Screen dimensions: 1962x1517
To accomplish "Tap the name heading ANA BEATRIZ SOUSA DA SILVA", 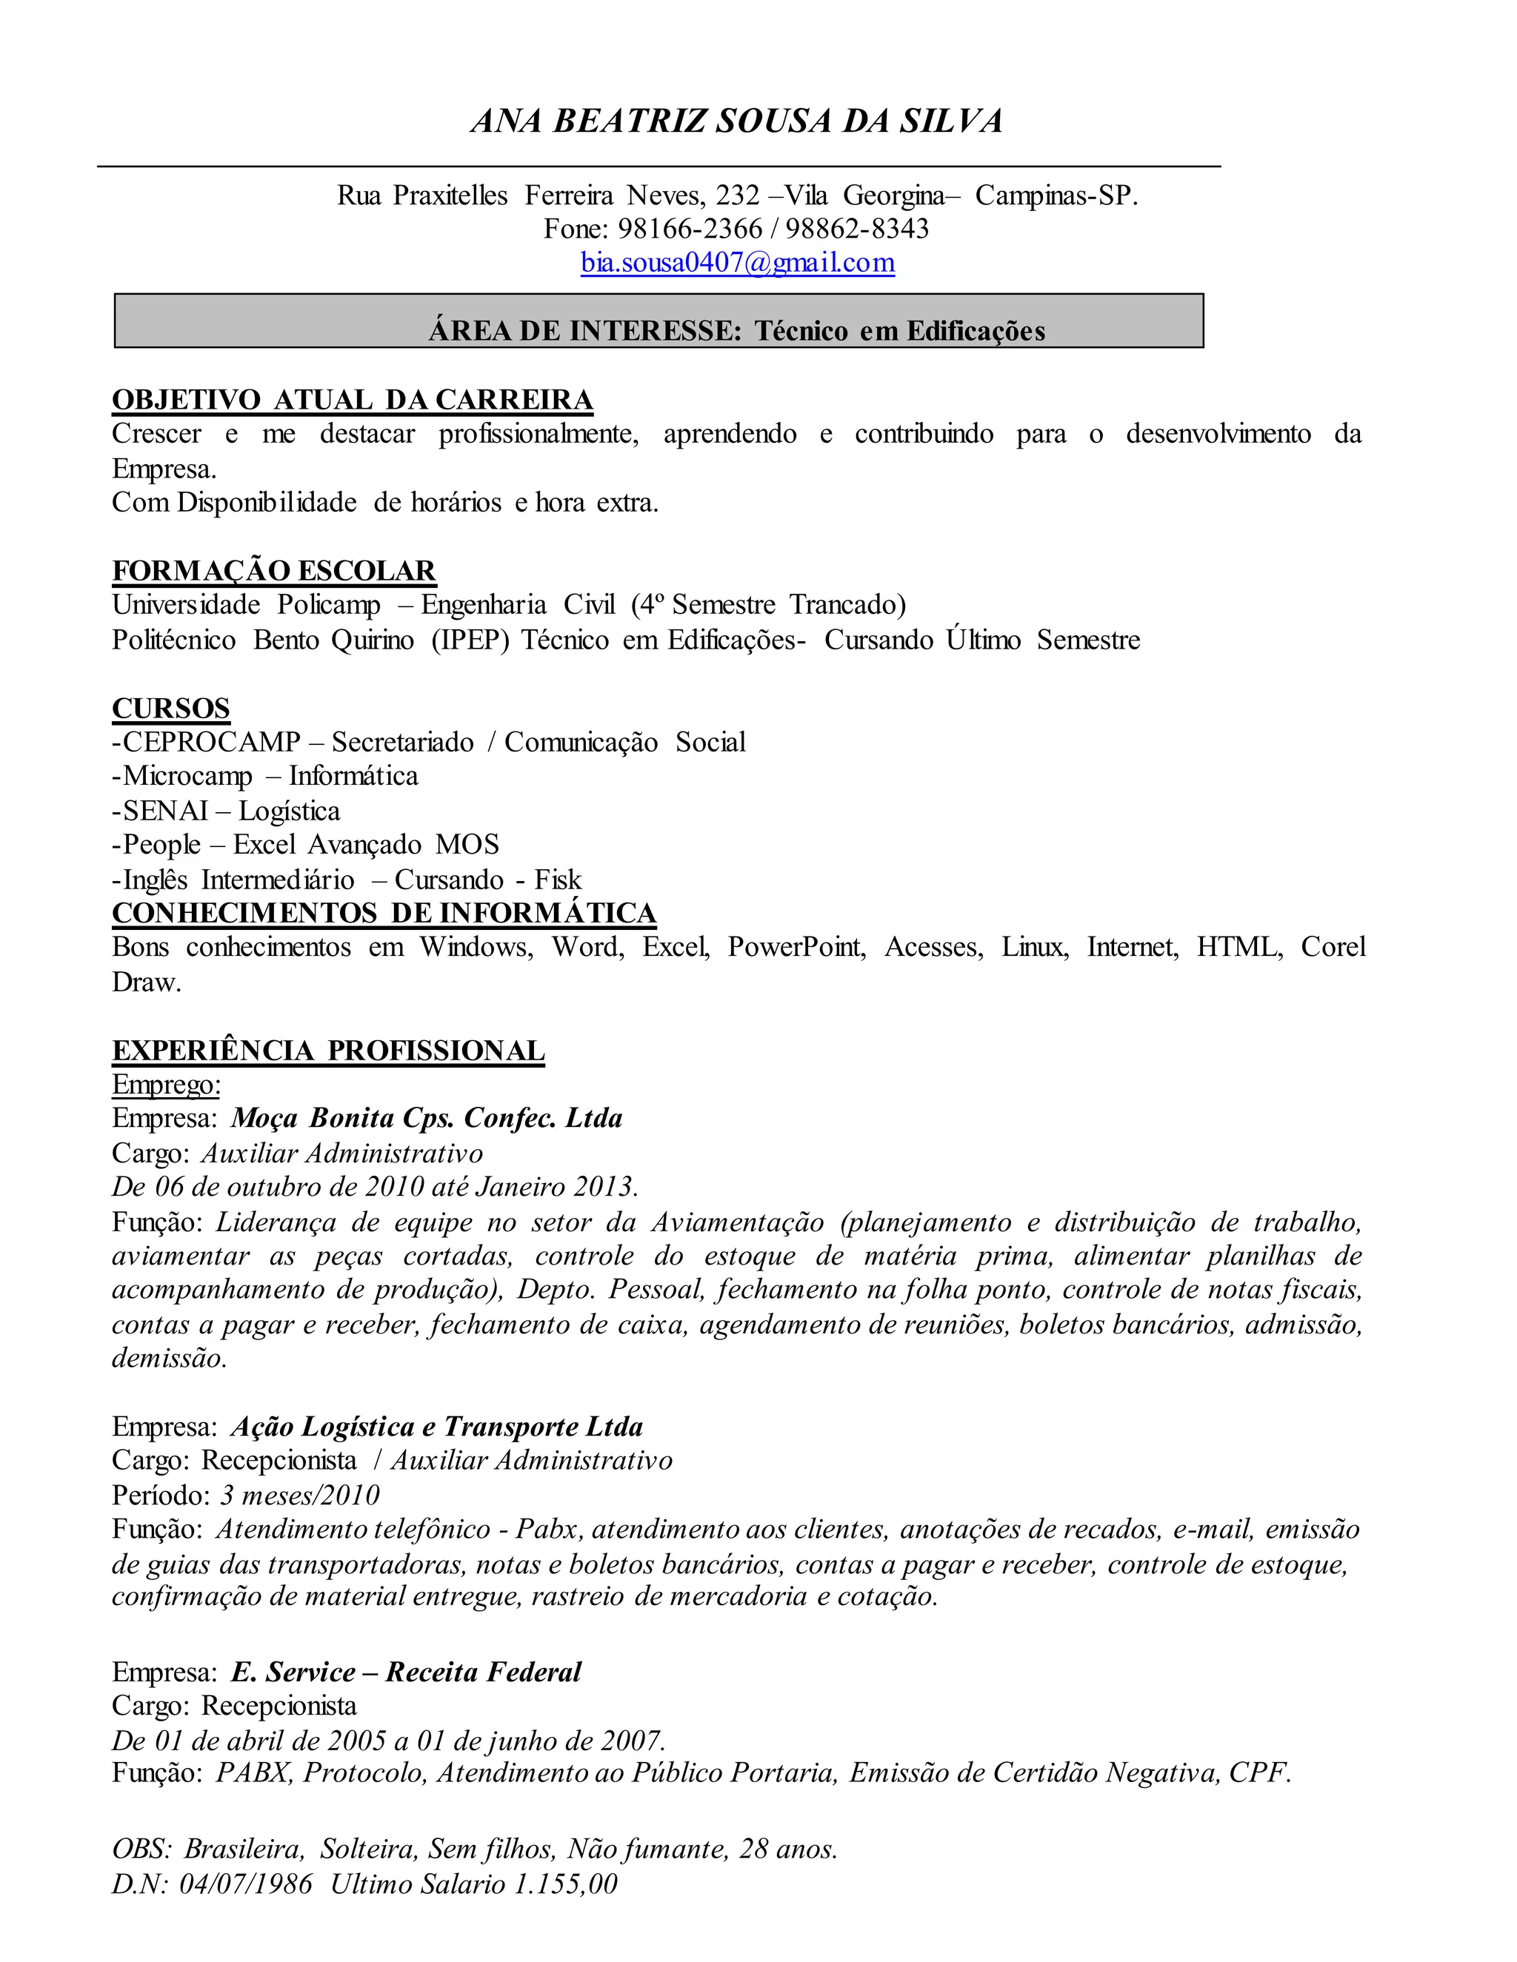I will (x=736, y=121).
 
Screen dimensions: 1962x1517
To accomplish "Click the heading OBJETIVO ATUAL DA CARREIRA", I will (x=353, y=400).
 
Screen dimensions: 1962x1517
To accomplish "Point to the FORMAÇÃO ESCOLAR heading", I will (x=274, y=572).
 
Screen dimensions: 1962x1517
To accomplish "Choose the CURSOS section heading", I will (x=171, y=709).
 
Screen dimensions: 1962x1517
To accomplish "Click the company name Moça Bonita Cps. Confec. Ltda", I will (x=427, y=1119).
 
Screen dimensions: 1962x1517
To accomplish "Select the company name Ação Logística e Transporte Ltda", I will (x=437, y=1427).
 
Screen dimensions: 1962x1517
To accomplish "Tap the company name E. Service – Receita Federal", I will (x=406, y=1672).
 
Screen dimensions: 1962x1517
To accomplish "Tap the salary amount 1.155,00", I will (x=565, y=1884).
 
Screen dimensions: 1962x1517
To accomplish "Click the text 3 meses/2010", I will (x=300, y=1495).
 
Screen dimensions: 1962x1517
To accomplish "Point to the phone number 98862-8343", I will (x=856, y=229).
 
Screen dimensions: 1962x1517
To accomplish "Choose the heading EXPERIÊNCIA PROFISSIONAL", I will (x=328, y=1051).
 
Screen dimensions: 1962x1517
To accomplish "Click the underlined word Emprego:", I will (x=166, y=1085).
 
